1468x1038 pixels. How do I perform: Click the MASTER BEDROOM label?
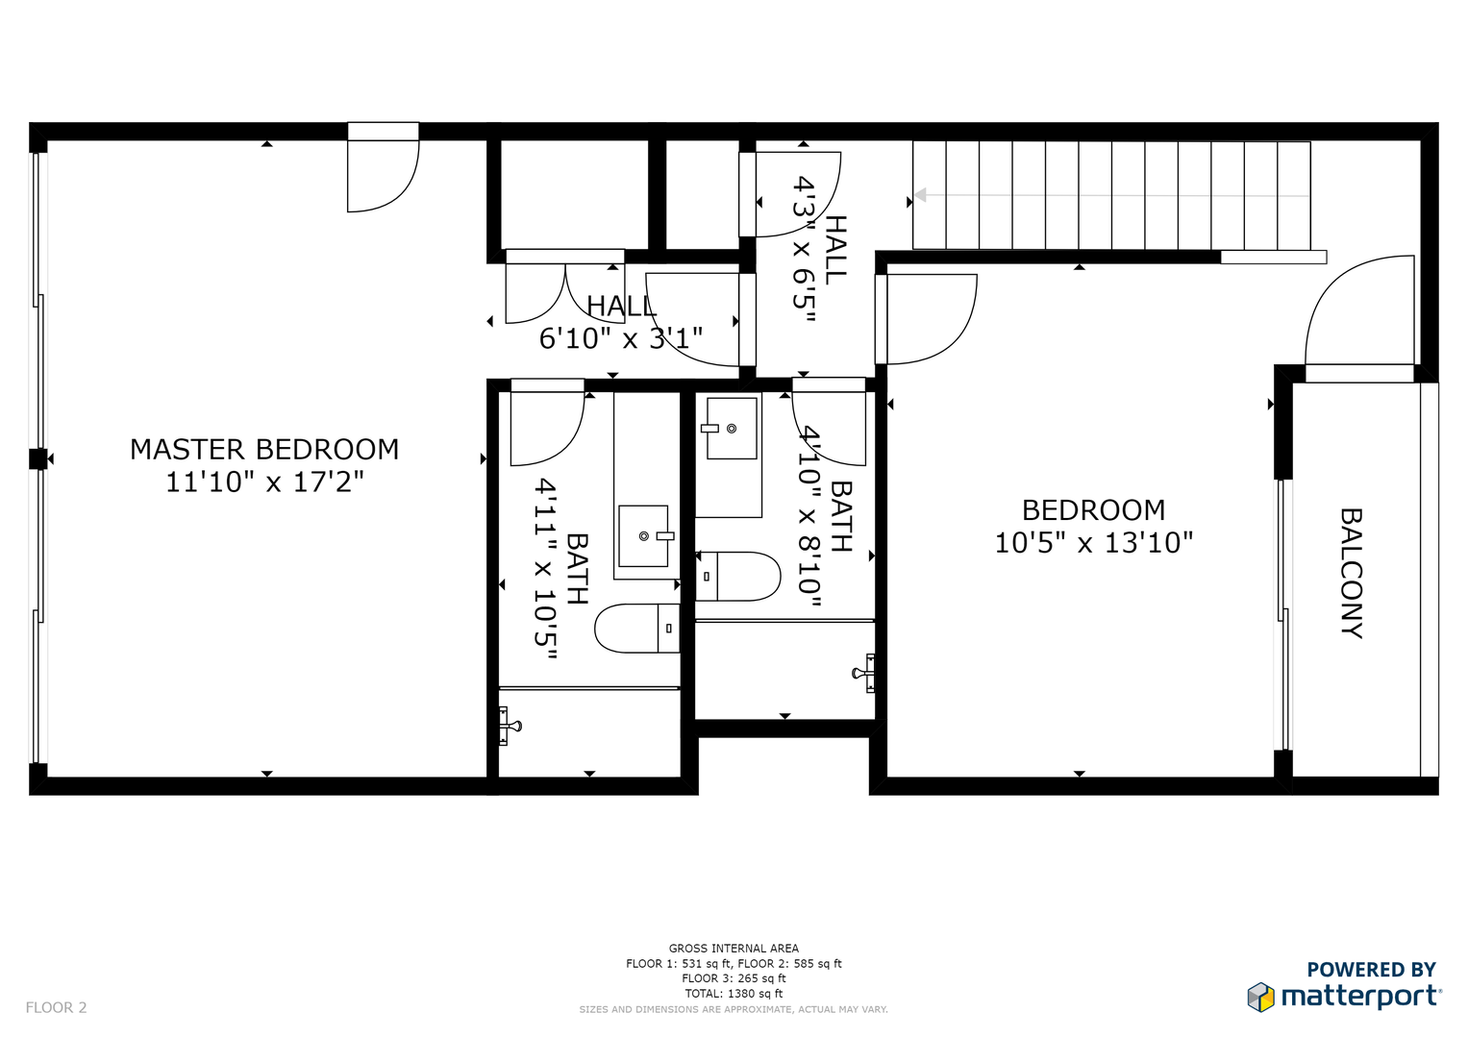264,450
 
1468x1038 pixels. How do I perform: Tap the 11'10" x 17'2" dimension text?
264,482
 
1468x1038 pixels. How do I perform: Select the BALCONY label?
1352,573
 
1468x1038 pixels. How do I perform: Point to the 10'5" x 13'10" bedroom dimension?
1094,543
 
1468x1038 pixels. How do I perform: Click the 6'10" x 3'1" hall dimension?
621,338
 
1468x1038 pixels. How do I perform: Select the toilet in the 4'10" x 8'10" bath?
738,577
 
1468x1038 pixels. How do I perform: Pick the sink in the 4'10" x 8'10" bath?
729,429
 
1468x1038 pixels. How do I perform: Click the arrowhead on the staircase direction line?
920,194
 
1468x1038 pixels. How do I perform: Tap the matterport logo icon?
1260,997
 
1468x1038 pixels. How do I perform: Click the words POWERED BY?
1372,969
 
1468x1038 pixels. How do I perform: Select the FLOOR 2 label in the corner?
57,1007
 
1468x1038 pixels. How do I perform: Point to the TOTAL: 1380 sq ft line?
734,994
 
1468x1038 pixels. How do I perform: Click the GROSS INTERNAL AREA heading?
734,949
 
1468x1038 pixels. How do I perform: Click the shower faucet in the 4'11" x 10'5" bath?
510,726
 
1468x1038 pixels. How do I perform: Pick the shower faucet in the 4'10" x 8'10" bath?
863,673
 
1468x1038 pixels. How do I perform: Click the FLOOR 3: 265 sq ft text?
734,978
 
